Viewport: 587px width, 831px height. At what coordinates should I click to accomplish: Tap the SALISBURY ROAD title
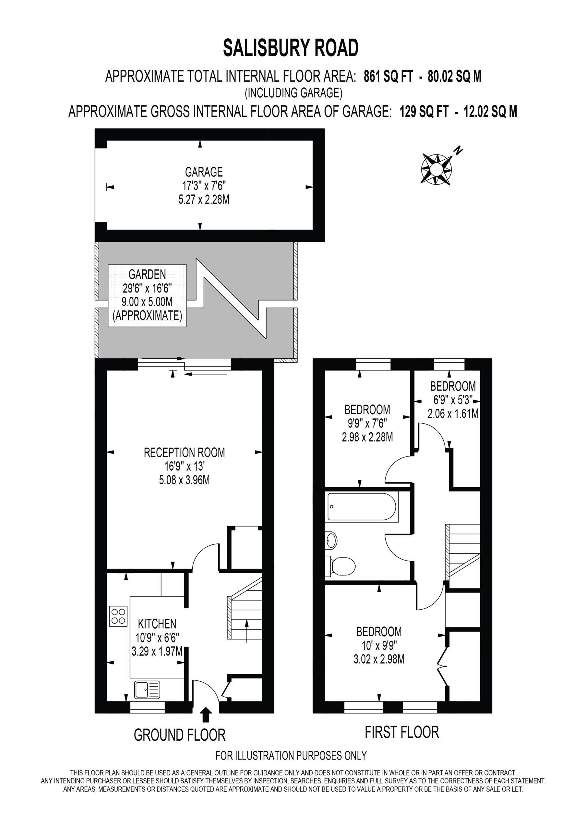point(291,48)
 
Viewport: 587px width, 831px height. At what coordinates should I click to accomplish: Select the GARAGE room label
point(204,172)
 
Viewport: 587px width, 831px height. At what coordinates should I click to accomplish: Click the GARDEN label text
point(147,274)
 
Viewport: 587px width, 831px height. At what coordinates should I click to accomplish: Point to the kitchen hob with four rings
point(118,616)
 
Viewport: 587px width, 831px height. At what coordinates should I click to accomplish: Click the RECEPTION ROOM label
point(185,453)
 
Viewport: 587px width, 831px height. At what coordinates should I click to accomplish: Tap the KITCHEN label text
point(157,624)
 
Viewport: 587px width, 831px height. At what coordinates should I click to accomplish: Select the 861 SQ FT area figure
point(388,76)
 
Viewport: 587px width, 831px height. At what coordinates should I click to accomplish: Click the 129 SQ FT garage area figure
point(424,111)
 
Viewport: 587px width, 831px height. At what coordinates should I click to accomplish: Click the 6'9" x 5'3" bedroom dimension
point(453,400)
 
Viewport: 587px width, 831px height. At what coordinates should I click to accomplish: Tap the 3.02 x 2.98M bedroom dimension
point(379,659)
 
